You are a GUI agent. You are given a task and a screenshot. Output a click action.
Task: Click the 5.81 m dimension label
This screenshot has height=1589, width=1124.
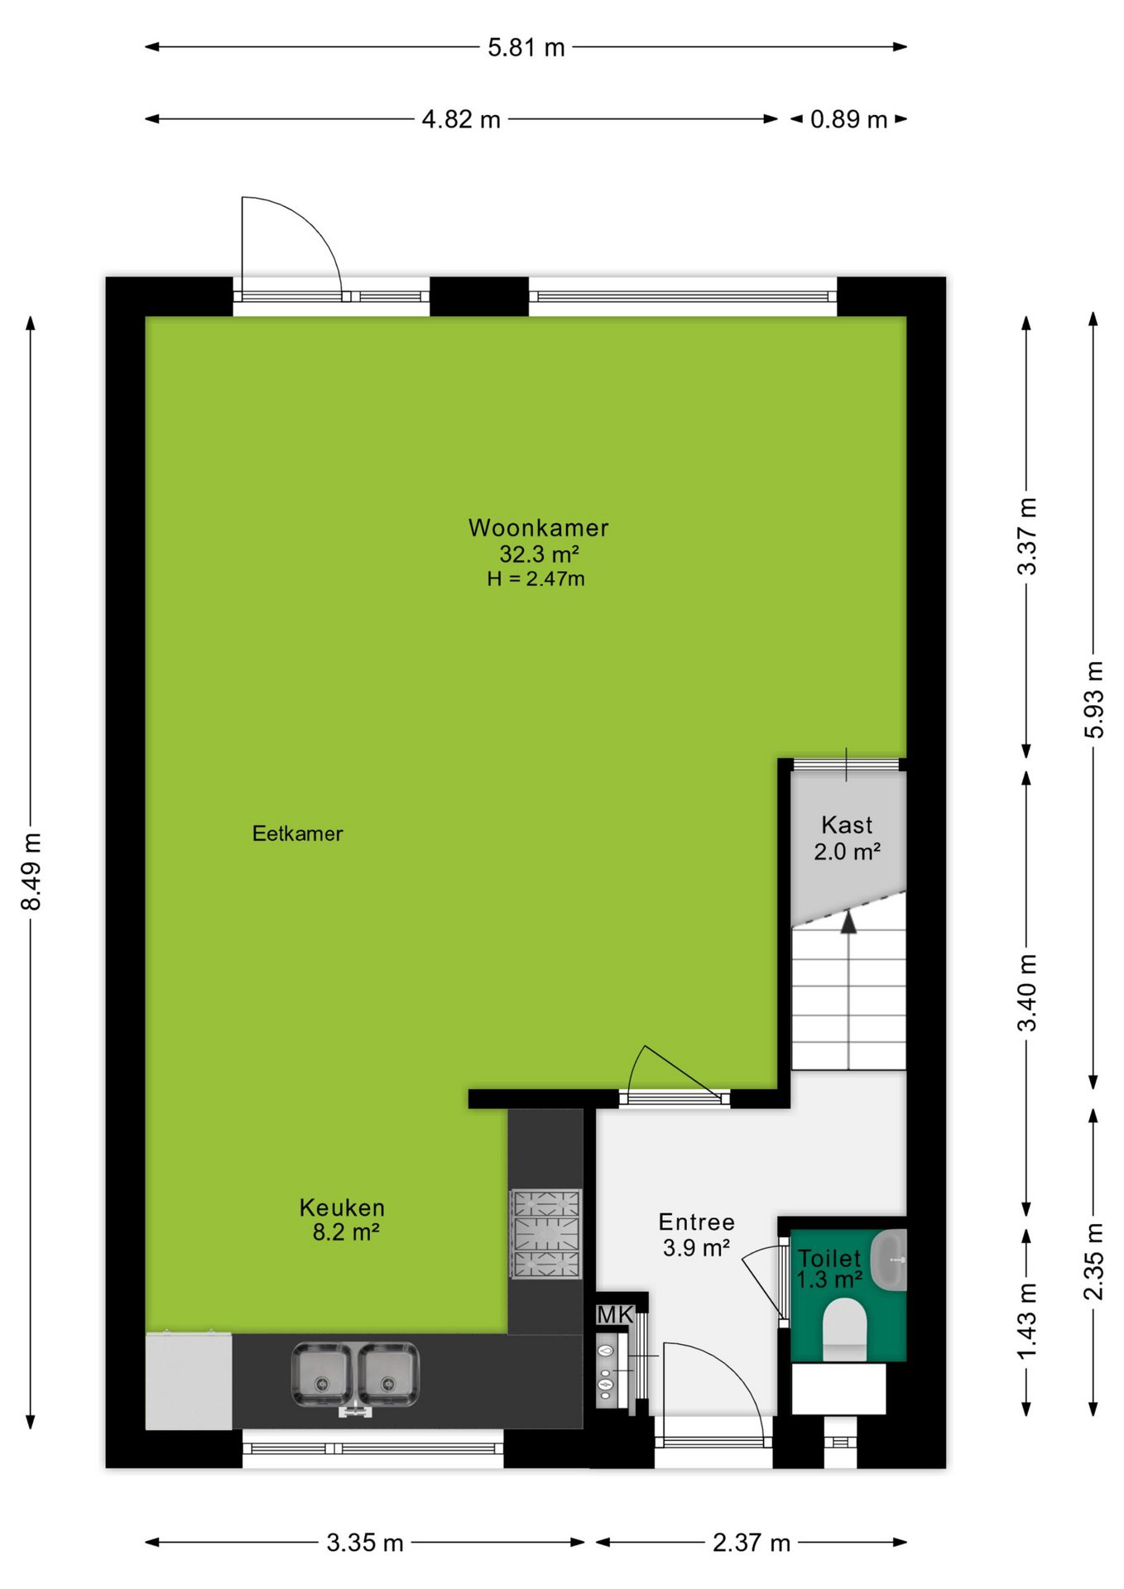[x=526, y=47]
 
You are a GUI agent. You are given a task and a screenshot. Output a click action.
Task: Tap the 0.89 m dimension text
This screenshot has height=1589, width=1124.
[x=848, y=119]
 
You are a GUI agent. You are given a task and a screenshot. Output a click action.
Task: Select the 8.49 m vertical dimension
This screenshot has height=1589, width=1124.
[x=31, y=871]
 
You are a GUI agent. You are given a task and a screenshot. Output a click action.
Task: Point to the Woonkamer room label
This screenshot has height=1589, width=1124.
[x=538, y=527]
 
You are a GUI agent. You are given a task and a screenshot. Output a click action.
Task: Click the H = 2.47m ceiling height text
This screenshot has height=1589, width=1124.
[x=536, y=578]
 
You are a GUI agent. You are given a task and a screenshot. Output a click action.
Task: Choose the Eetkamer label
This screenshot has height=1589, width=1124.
[x=297, y=833]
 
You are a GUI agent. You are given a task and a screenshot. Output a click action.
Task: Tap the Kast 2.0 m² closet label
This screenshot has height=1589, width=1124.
[x=847, y=838]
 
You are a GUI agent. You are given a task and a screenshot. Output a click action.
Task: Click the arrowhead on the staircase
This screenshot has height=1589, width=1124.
[x=848, y=921]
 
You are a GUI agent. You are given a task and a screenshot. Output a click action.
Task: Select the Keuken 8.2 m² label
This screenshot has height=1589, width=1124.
[x=343, y=1219]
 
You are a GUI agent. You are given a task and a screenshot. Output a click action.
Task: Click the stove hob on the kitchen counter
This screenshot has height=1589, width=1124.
[x=546, y=1234]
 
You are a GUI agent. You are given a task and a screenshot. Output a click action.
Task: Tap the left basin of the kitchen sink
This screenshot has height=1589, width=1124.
[x=322, y=1375]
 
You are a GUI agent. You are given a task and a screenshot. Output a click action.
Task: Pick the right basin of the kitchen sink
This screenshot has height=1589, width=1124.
[x=388, y=1375]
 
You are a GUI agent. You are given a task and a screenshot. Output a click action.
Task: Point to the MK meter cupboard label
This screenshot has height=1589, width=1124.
[x=615, y=1314]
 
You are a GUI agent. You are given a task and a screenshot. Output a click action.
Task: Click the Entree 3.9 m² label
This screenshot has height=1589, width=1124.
[x=696, y=1234]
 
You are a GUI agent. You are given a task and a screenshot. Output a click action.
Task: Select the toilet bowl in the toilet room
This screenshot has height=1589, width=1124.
[x=844, y=1329]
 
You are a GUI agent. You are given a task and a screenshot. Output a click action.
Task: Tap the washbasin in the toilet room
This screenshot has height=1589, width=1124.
[x=891, y=1260]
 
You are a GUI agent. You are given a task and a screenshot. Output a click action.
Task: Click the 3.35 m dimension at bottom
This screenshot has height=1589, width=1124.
[x=364, y=1543]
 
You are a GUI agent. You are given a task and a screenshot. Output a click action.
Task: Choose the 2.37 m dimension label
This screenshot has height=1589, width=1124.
[x=752, y=1543]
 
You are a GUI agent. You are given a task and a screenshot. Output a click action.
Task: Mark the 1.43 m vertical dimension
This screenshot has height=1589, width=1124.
[x=1026, y=1322]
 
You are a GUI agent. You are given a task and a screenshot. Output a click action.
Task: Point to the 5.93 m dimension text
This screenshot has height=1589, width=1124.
[x=1093, y=699]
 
